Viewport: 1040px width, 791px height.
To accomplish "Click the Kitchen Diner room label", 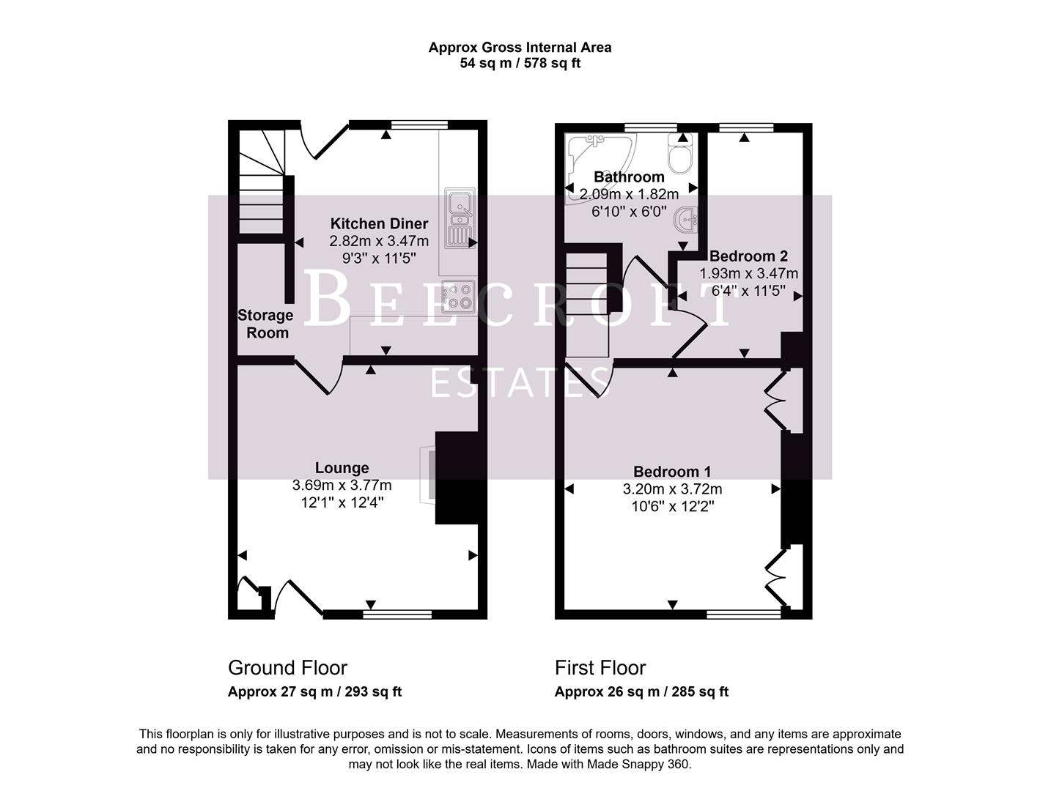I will coord(379,224).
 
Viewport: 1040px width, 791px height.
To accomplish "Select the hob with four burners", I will coord(459,297).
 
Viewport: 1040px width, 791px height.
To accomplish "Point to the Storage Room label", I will coord(265,324).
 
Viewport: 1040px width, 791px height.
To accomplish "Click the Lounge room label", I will coord(342,468).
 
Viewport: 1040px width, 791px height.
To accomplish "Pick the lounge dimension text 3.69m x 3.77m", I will coord(342,485).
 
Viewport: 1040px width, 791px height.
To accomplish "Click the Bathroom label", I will coord(629,177).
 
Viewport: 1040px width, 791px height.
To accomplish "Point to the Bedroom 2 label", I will coord(748,256).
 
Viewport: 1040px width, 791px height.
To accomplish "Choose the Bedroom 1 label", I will coord(672,472).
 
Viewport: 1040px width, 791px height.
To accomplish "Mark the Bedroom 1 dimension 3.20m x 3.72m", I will coord(672,489).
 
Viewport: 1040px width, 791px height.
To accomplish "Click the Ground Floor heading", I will coord(287,668).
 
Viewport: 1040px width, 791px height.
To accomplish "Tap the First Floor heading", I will coord(600,668).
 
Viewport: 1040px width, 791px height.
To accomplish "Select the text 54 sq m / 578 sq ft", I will coord(520,63).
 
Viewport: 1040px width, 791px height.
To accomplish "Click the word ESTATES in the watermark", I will coord(520,383).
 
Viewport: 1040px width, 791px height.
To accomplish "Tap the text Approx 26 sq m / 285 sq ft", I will coord(641,692).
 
